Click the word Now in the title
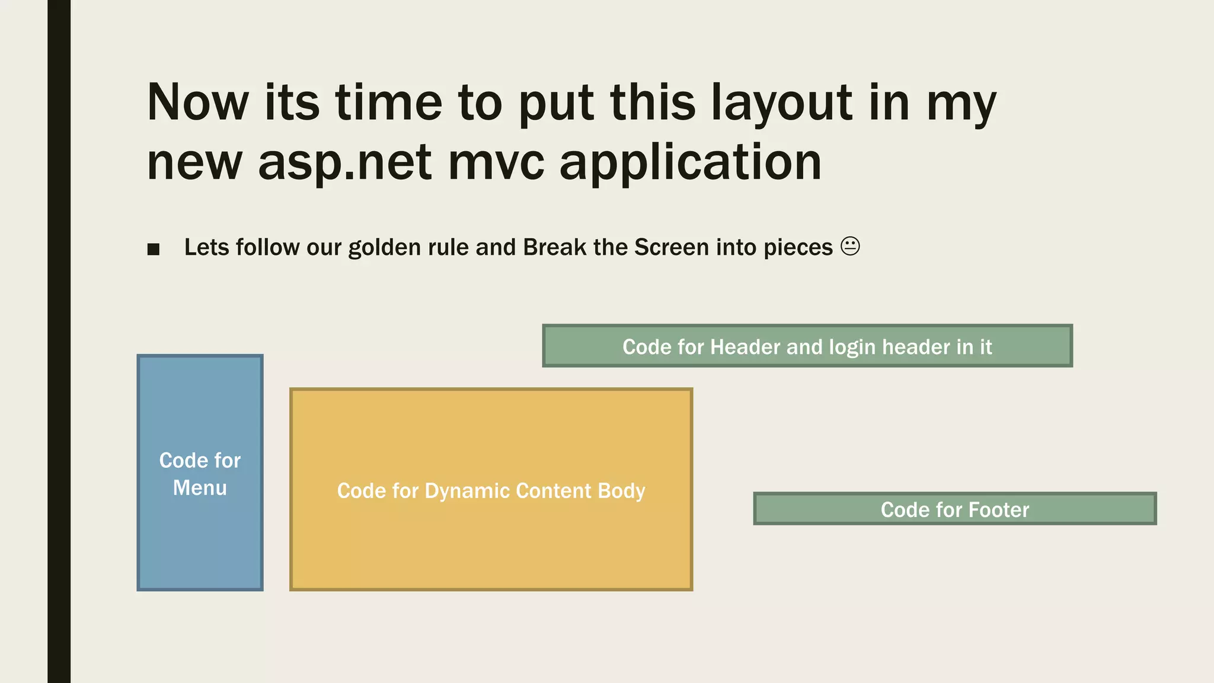pos(198,103)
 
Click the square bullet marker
pos(154,249)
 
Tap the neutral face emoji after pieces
pos(850,246)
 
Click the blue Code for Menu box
pos(200,415)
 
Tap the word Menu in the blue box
pos(200,488)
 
